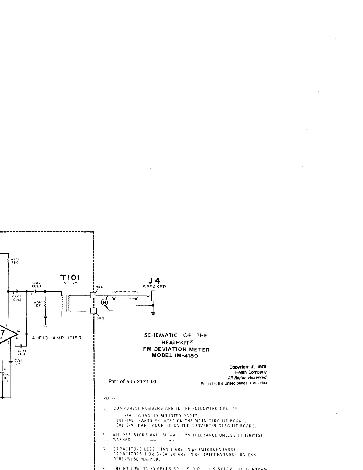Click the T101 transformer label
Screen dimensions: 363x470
point(70,278)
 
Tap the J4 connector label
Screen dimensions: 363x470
point(154,280)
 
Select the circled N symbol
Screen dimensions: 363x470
point(104,302)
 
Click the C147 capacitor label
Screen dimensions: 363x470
point(6,375)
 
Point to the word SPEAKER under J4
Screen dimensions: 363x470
point(154,287)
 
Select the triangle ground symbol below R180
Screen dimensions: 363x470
point(45,326)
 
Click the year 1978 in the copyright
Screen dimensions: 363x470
point(262,366)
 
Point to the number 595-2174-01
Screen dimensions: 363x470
point(141,382)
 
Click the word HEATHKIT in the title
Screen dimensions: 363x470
point(173,342)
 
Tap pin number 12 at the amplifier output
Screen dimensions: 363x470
point(18,331)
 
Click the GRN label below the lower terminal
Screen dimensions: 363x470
point(100,318)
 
